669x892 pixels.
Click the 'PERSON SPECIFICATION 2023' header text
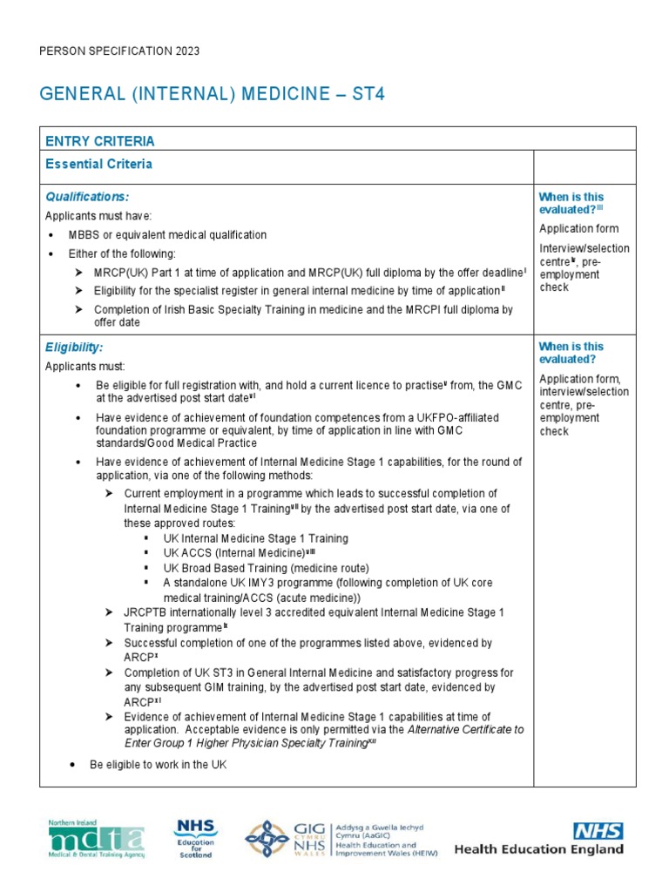coord(120,51)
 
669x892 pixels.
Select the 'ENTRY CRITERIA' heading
coord(100,141)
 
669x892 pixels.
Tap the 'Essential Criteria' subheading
coord(98,164)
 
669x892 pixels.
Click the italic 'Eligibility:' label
coord(74,348)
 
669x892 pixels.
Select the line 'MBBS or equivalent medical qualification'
coord(167,235)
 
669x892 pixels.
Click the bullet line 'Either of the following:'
coord(128,253)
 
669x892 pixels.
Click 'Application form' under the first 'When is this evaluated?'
coord(578,229)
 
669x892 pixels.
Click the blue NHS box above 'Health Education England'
coord(597,830)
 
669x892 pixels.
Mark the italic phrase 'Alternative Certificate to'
coord(466,729)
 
